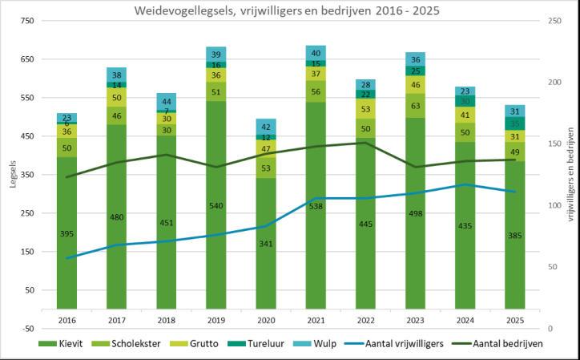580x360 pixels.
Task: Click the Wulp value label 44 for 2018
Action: pyautogui.click(x=167, y=101)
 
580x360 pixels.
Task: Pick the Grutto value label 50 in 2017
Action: pyautogui.click(x=117, y=98)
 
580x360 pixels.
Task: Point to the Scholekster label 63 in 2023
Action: pyautogui.click(x=415, y=105)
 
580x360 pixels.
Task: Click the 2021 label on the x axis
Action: pyautogui.click(x=316, y=319)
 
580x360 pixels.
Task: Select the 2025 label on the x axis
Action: pyautogui.click(x=514, y=319)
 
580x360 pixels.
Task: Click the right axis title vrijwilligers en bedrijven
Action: pyautogui.click(x=570, y=174)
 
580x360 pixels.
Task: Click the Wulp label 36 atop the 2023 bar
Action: pyautogui.click(x=415, y=59)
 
